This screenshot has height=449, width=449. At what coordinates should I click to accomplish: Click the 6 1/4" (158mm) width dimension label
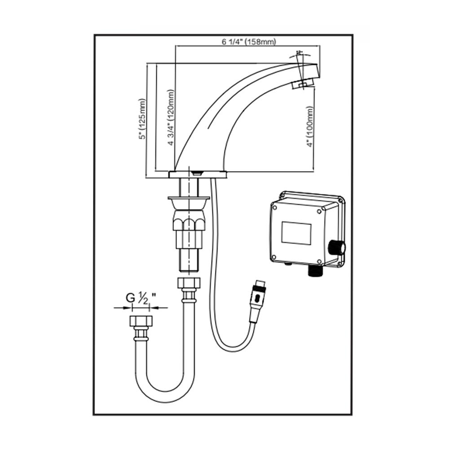248,42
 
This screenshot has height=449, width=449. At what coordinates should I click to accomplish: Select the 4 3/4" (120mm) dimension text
171,118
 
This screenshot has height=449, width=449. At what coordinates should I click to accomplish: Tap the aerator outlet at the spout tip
302,84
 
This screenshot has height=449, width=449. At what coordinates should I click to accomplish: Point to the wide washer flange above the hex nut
188,198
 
